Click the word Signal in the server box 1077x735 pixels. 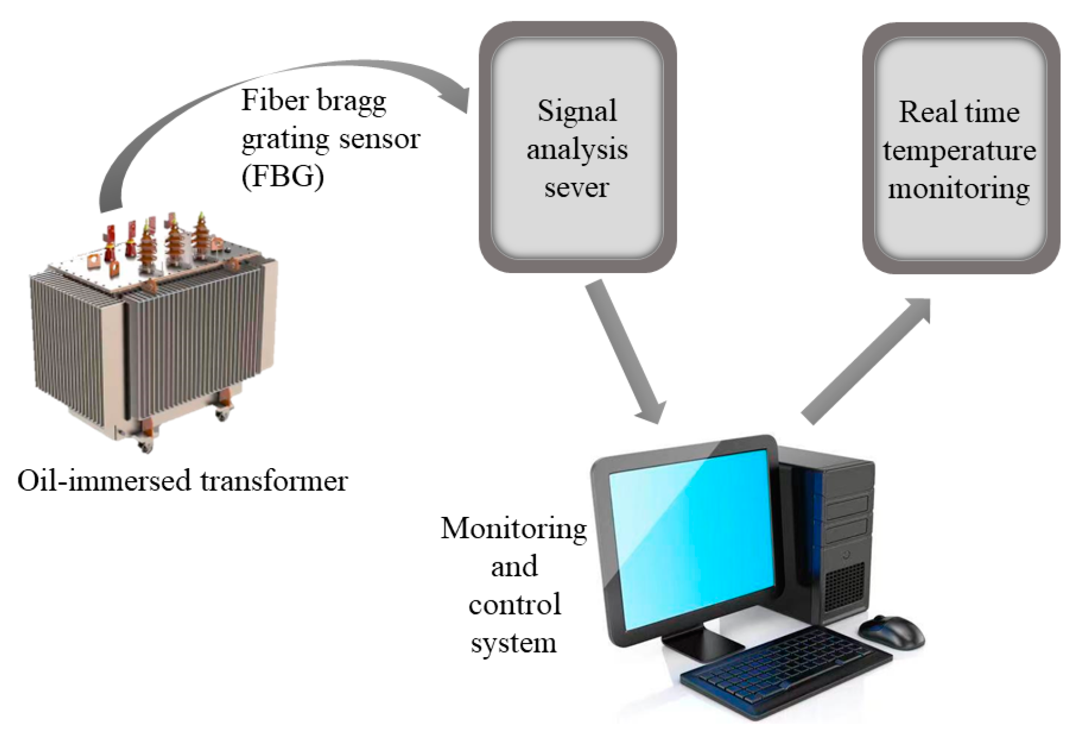(577, 110)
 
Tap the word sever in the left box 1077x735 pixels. (576, 187)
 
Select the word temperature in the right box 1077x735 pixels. (959, 151)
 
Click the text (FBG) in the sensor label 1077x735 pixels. (282, 177)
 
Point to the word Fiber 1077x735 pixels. (275, 101)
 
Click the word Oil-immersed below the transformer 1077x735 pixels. (104, 481)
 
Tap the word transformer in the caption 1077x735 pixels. (274, 481)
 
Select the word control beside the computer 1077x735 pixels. (514, 605)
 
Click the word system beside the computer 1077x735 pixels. (513, 643)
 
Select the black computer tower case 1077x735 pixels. (835, 533)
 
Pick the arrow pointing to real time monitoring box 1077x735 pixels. (866, 359)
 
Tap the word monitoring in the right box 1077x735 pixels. (959, 189)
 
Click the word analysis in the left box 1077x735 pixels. (577, 150)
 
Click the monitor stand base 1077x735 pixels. (703, 645)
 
